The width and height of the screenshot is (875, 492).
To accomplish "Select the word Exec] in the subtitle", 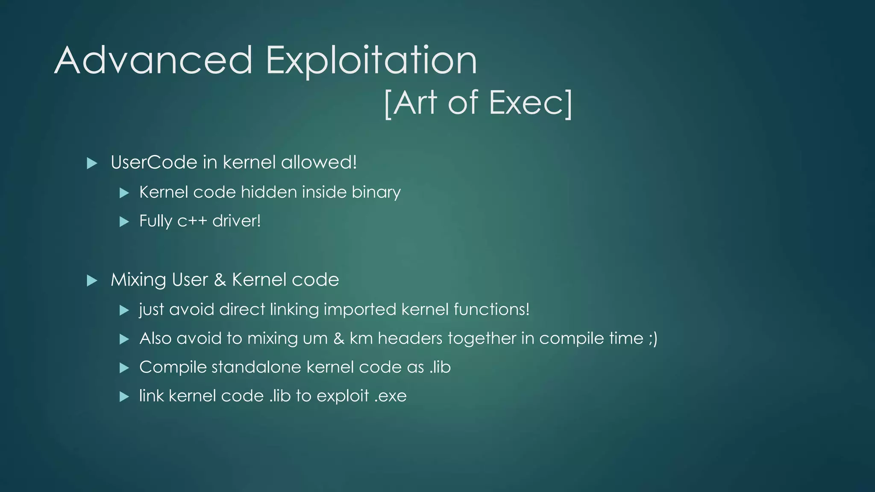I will click(x=530, y=103).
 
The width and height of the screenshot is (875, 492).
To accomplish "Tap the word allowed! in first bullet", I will click(x=319, y=162).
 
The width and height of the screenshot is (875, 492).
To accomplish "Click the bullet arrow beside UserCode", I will click(x=92, y=163).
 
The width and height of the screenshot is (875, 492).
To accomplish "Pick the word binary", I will click(x=376, y=192).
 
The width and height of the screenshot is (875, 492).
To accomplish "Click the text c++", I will click(x=192, y=221).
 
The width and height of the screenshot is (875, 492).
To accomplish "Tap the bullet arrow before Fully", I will click(x=124, y=222).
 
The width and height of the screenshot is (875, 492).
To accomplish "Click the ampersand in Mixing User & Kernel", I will click(x=220, y=280).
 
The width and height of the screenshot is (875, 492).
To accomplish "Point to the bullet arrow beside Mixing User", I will click(x=92, y=281).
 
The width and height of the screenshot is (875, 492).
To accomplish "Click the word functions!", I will click(x=491, y=309).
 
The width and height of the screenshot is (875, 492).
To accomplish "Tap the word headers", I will click(x=410, y=338).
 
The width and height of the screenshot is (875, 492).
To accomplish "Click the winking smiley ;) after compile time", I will click(x=652, y=338).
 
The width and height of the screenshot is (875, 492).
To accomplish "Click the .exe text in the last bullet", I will click(x=390, y=396).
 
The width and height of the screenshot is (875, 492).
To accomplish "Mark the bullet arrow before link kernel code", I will click(x=124, y=397).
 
